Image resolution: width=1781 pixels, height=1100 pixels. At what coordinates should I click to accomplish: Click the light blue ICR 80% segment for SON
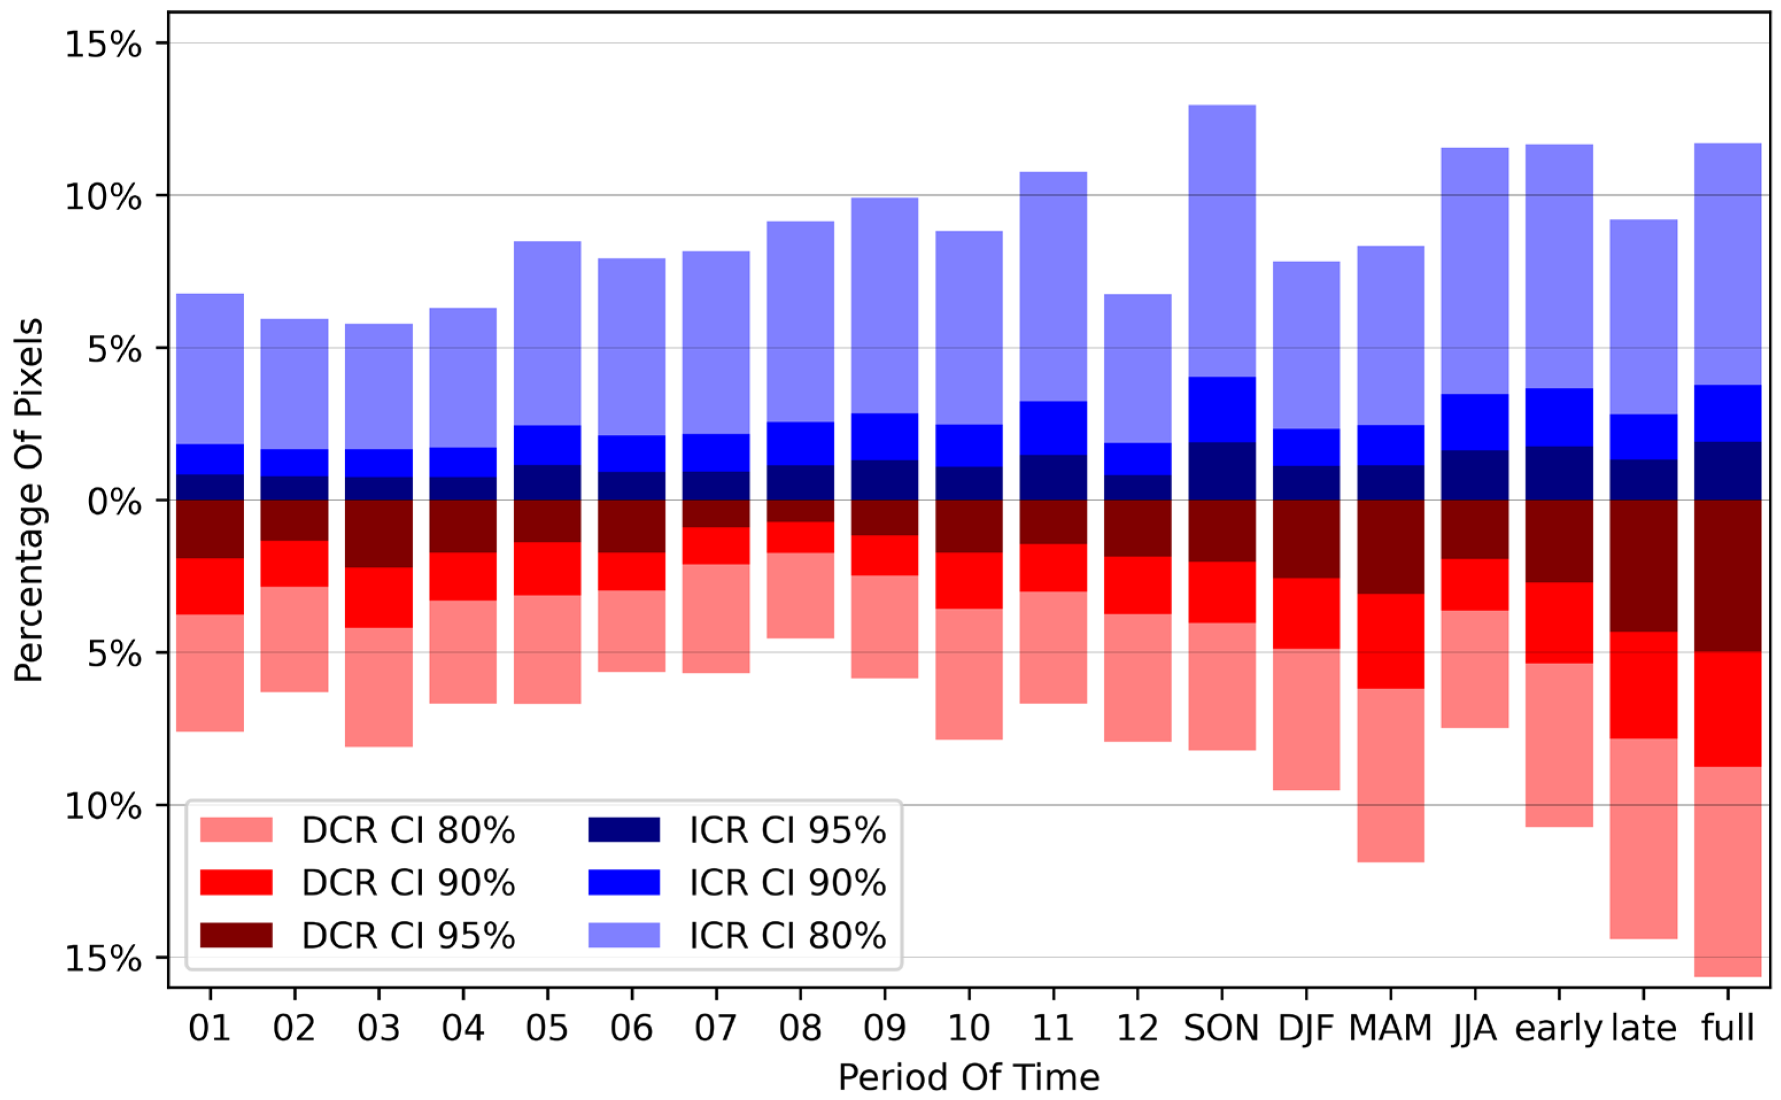point(1221,240)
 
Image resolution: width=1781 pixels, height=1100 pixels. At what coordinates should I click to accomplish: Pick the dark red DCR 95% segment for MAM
point(1390,546)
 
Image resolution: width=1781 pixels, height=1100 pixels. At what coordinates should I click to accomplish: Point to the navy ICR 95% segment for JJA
point(1474,474)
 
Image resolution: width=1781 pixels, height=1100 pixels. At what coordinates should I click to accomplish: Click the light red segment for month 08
point(800,595)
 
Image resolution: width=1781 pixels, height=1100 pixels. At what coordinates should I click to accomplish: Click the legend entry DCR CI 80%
point(407,830)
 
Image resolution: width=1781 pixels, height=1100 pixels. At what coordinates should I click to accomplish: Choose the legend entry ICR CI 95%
point(787,830)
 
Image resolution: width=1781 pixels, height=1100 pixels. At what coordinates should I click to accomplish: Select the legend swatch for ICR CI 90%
point(623,882)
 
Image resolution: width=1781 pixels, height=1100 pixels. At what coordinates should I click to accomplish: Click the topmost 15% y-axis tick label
point(103,45)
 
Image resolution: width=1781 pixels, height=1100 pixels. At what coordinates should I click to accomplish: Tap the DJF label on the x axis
point(1305,1029)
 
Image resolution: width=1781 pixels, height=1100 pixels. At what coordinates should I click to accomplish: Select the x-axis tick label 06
point(631,1029)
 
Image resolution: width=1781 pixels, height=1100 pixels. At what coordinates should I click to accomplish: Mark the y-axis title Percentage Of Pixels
point(29,500)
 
